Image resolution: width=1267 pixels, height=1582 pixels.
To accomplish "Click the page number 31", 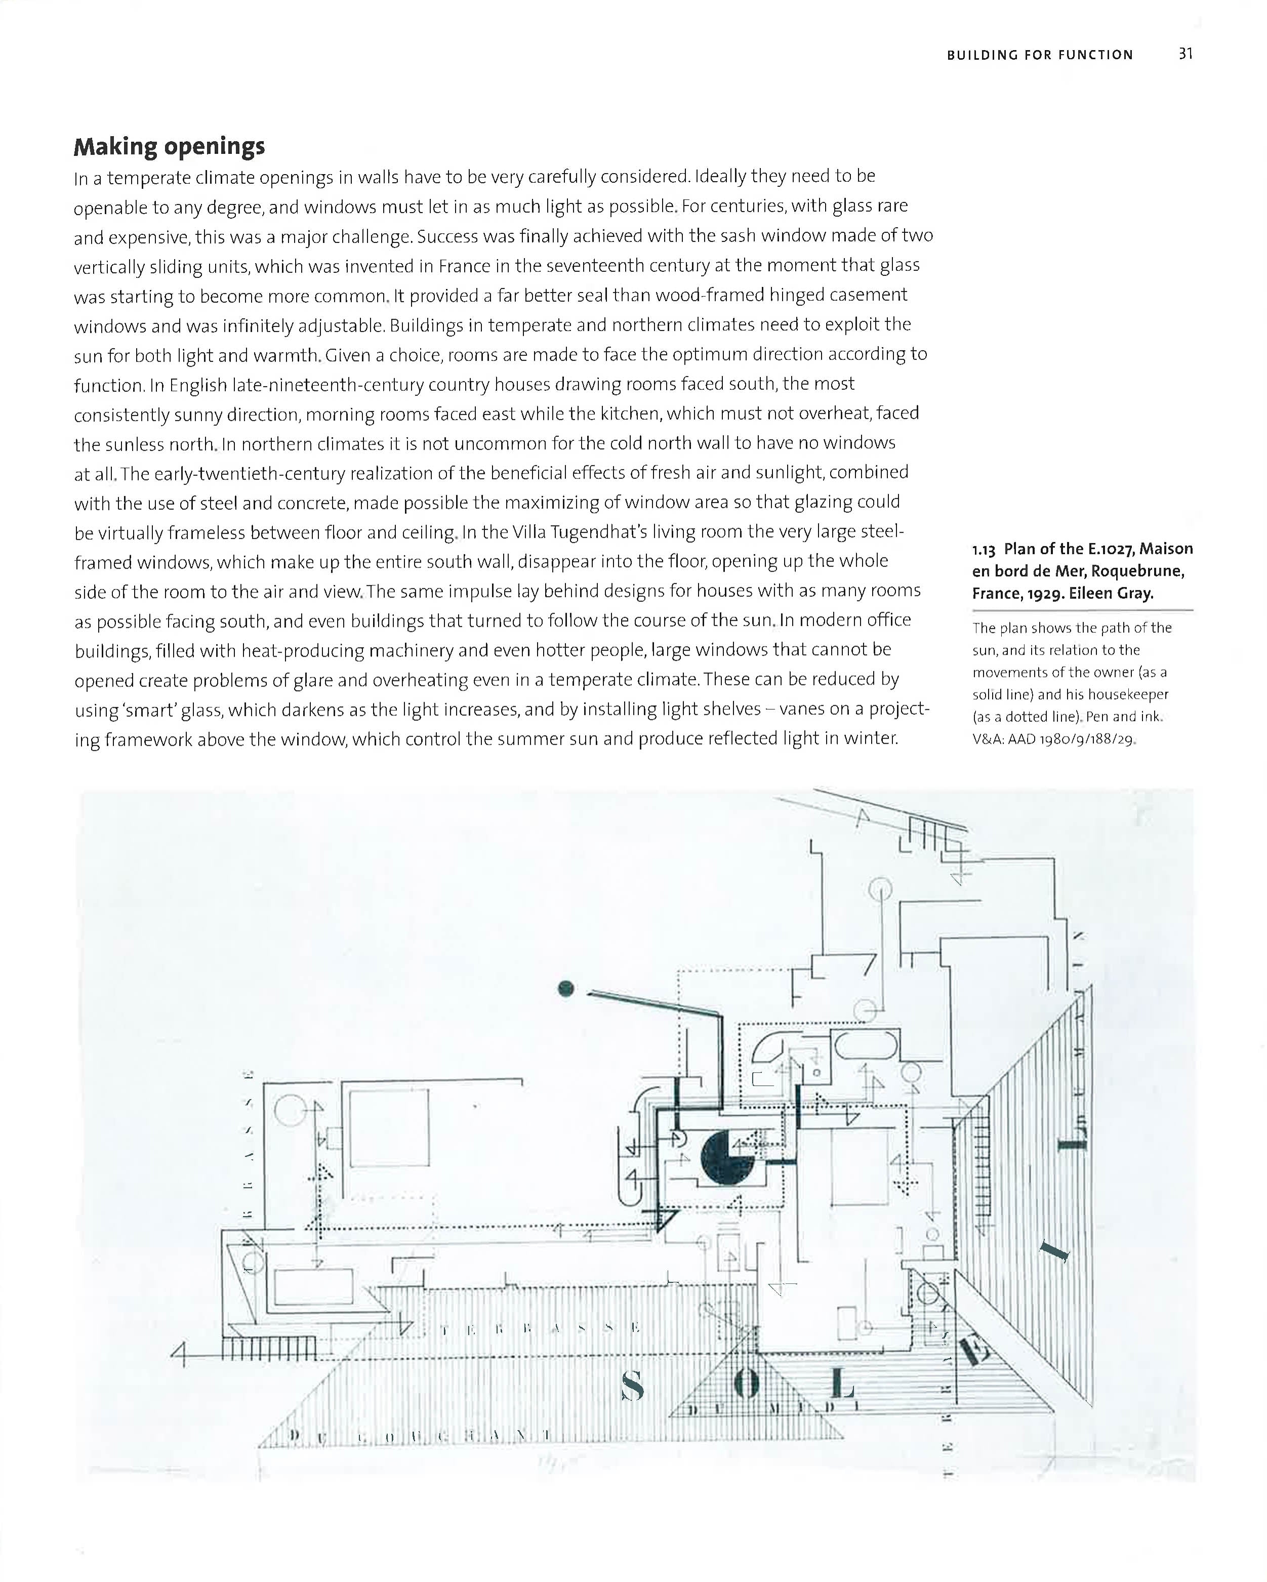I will [1186, 54].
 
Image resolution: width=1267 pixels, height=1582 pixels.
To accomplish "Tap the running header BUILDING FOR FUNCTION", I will [1040, 55].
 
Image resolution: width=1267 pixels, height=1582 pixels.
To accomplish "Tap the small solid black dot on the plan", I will [565, 988].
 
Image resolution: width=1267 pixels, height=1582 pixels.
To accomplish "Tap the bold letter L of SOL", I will [843, 1384].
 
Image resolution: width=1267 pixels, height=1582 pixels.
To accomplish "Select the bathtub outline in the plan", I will [867, 1045].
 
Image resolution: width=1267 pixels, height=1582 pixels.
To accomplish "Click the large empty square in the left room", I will [390, 1128].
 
